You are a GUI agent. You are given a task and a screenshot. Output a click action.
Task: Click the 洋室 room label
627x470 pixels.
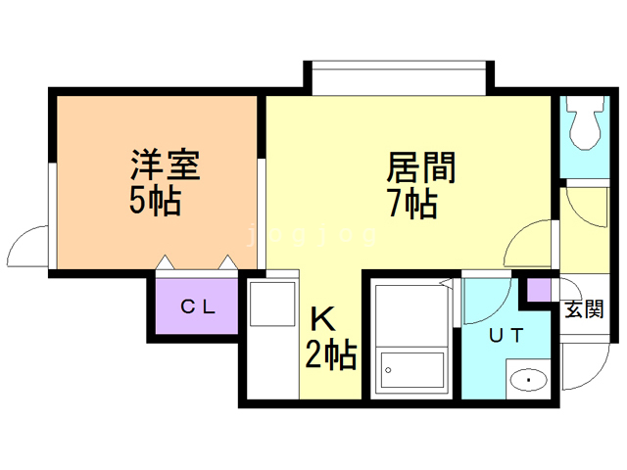click(166, 165)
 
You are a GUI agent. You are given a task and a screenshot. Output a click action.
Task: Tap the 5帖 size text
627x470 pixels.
click(156, 201)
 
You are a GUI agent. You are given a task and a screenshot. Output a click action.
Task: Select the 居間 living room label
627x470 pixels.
click(420, 167)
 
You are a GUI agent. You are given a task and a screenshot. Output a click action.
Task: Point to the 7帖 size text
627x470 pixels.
click(413, 204)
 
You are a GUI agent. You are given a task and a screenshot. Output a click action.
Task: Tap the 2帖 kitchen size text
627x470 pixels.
click(331, 354)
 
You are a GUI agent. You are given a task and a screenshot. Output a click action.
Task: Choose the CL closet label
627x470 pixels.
click(198, 306)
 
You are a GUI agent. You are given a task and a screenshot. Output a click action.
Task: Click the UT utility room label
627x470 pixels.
click(506, 335)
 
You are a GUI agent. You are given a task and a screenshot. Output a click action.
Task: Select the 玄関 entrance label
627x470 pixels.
click(584, 309)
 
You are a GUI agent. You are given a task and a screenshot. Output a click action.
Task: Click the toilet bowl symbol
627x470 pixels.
click(585, 121)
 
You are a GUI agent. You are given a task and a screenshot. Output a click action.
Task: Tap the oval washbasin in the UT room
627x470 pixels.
click(529, 380)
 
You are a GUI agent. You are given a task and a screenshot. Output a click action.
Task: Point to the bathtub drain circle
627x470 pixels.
click(388, 370)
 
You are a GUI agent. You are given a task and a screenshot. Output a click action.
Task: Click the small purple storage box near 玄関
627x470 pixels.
click(539, 290)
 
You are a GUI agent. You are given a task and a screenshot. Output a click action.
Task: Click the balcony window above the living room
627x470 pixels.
click(399, 78)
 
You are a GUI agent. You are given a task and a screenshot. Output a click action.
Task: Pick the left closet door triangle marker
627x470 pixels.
click(166, 262)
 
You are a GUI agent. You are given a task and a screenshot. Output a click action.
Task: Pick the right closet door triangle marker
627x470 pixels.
click(228, 262)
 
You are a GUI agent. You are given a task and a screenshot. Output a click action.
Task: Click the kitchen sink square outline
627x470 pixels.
click(272, 305)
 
